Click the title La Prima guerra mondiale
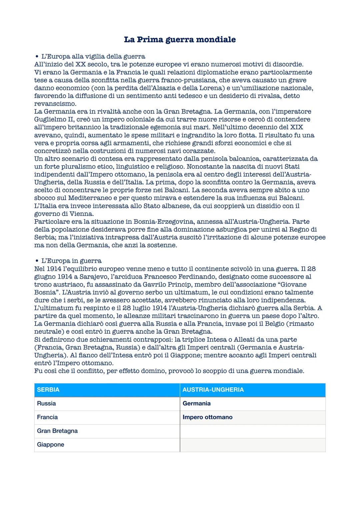tap(180, 40)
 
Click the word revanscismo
tap(55, 104)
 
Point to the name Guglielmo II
tap(53, 119)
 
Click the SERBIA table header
tap(48, 390)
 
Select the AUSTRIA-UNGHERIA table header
tap(213, 390)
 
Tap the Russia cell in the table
tap(46, 403)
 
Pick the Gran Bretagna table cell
tap(57, 431)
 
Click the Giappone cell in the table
tap(50, 444)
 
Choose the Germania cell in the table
tap(197, 403)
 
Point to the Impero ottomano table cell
tap(207, 417)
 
